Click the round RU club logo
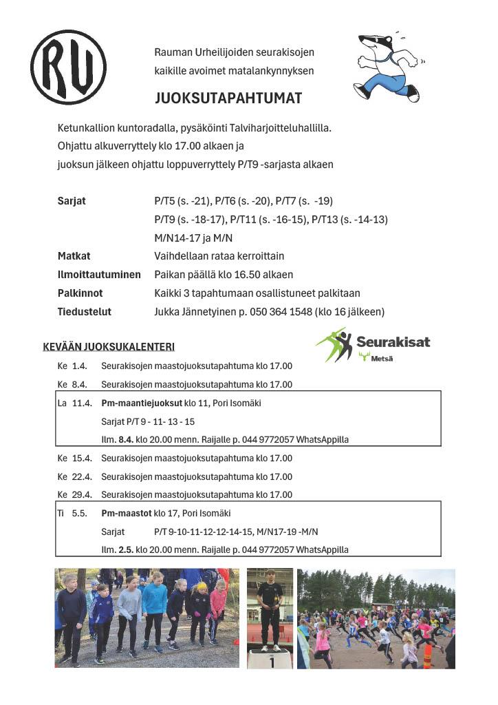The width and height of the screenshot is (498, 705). (68, 67)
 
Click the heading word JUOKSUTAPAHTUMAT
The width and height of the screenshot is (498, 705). (228, 98)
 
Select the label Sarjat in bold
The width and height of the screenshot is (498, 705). (72, 201)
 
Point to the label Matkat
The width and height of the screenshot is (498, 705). (74, 256)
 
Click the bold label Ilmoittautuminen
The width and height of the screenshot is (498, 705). (99, 275)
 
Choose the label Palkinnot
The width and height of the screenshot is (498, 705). (80, 293)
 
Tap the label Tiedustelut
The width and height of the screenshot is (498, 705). (84, 312)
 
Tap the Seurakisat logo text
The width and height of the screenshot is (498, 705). (393, 342)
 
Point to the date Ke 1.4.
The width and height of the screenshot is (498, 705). (72, 366)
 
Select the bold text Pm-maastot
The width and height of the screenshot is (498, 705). (126, 513)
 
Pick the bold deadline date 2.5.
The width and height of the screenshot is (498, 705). (126, 549)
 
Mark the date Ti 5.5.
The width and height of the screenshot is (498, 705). (72, 513)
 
